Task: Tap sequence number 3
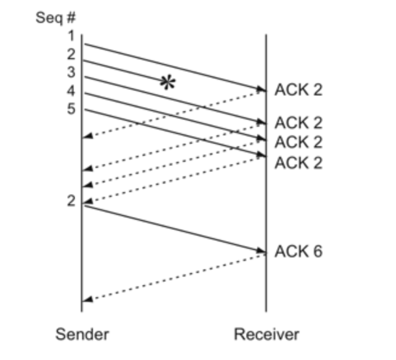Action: tap(72, 72)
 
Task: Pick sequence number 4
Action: tap(72, 91)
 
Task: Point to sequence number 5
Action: tap(72, 110)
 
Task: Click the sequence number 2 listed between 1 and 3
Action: tap(72, 54)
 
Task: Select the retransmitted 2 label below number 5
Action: tap(72, 201)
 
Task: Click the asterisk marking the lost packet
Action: tap(167, 83)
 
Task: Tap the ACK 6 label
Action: tap(298, 251)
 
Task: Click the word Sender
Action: tap(82, 334)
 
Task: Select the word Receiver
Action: tap(266, 334)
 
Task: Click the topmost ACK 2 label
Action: tap(298, 90)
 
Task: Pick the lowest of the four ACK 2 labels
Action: tap(298, 162)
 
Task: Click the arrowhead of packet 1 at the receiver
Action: tap(262, 90)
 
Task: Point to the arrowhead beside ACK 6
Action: tap(262, 251)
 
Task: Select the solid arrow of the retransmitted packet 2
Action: tap(175, 229)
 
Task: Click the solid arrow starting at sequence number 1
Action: tap(175, 67)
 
